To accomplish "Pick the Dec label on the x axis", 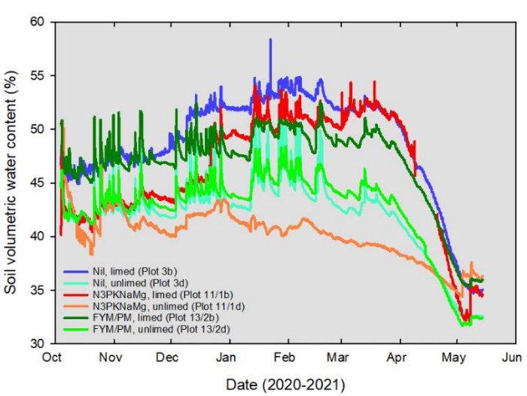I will (169, 357).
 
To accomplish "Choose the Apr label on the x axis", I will (397, 357).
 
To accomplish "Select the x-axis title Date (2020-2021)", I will (283, 384).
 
